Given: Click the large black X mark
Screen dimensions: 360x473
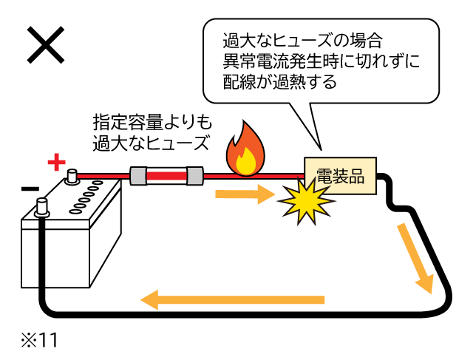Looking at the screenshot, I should coord(46,46).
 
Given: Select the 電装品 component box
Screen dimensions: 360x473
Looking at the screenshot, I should coord(339,176).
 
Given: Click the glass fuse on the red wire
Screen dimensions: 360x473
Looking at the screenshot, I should coord(166,177).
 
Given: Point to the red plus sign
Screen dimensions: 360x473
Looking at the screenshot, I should coord(56,162).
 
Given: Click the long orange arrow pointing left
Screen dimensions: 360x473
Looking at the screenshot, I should coord(232,299).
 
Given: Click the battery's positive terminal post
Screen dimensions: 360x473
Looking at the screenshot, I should coord(72,176).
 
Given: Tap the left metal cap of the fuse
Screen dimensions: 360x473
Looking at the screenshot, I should coord(139,177).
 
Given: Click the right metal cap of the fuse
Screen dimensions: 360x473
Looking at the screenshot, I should coord(194,177).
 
